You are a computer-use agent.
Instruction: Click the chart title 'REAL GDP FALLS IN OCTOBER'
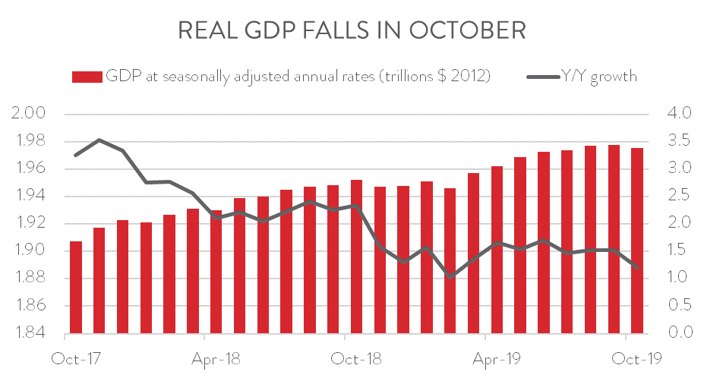click(351, 30)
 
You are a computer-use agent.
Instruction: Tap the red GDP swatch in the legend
click(86, 77)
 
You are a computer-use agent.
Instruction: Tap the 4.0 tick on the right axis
click(677, 114)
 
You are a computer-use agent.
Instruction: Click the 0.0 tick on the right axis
click(677, 333)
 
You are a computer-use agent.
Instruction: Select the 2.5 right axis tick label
click(677, 197)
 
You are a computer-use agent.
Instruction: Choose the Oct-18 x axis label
click(355, 357)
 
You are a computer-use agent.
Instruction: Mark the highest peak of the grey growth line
click(99, 140)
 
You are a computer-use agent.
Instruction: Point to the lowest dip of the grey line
click(450, 277)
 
